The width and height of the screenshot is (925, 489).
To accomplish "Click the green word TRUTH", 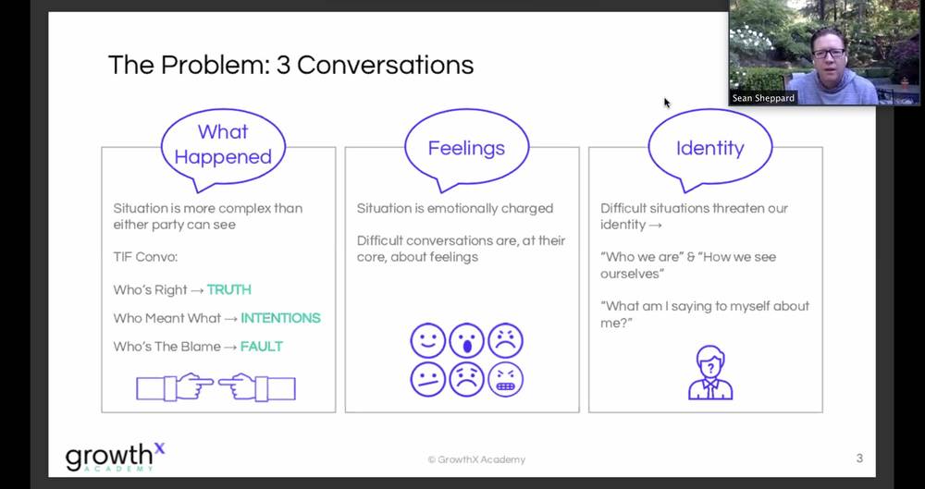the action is [229, 289].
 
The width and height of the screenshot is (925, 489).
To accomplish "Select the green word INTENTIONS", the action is [281, 318].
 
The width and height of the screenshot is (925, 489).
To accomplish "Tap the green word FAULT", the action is [262, 347].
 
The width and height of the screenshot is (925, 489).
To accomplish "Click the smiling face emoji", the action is [427, 340].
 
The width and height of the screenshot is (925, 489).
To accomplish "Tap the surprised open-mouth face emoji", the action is [466, 340].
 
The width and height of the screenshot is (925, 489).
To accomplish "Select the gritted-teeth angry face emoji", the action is [506, 379].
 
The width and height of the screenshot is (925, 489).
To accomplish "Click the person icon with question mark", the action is [710, 373].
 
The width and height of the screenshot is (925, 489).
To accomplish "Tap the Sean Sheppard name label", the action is [763, 98].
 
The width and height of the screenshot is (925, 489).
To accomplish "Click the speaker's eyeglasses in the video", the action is [828, 53].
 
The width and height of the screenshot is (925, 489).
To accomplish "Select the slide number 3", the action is [859, 458].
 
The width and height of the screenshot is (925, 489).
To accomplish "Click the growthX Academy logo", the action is [115, 458].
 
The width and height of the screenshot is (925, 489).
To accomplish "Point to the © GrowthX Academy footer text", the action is [476, 459].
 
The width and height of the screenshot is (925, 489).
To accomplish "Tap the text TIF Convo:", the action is [145, 257].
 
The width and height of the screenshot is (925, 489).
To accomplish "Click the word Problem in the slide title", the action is [215, 65].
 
